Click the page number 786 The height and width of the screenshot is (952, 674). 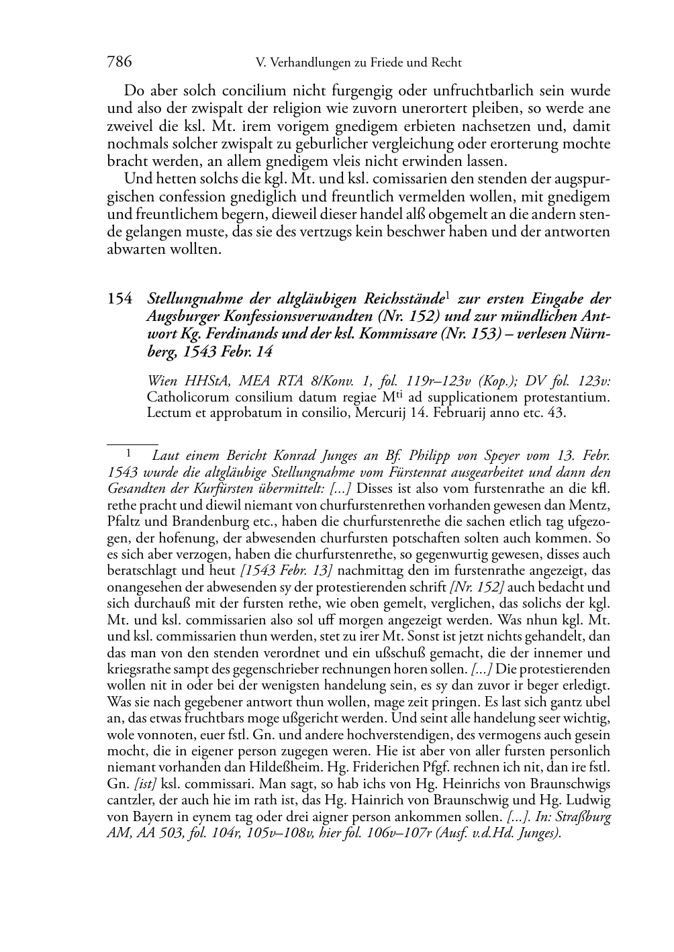[119, 62]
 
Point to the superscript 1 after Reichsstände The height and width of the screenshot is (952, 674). [448, 295]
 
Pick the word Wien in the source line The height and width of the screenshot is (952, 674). [161, 381]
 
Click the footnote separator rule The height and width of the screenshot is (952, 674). [132, 444]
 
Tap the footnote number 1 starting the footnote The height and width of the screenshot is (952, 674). [132, 455]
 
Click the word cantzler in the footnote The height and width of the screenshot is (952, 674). [130, 800]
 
